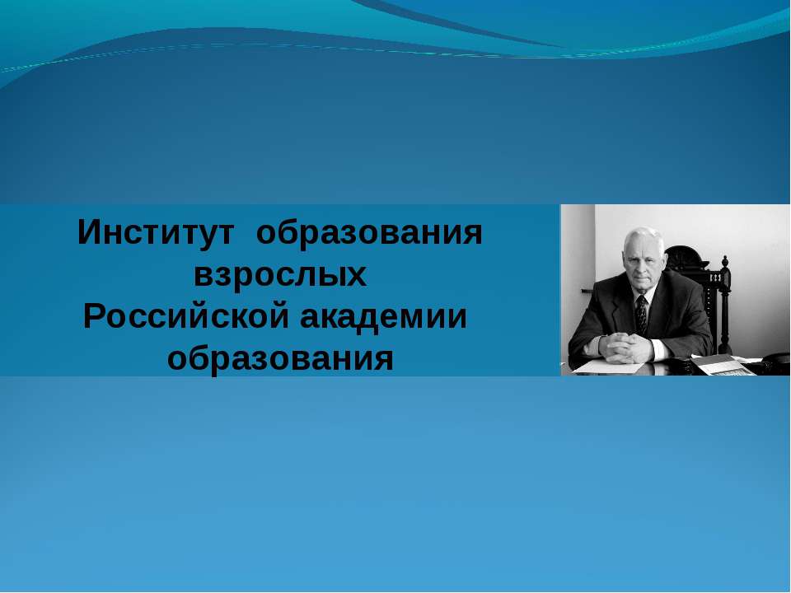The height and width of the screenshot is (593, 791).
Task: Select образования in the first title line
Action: (x=369, y=234)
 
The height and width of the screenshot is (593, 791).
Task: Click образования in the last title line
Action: (x=280, y=359)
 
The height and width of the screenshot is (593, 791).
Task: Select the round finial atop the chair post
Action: (x=725, y=262)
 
